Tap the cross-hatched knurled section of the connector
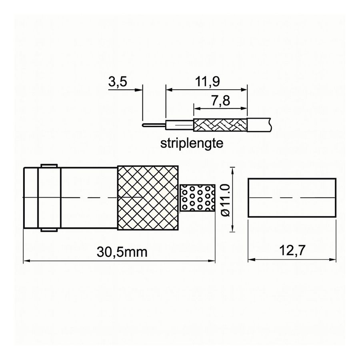click(x=147, y=198)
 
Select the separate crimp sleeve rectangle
click(x=290, y=198)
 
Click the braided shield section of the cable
click(x=220, y=125)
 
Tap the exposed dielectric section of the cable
click(x=179, y=125)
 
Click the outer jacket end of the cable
click(x=260, y=124)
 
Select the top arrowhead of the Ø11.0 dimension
click(x=233, y=168)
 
